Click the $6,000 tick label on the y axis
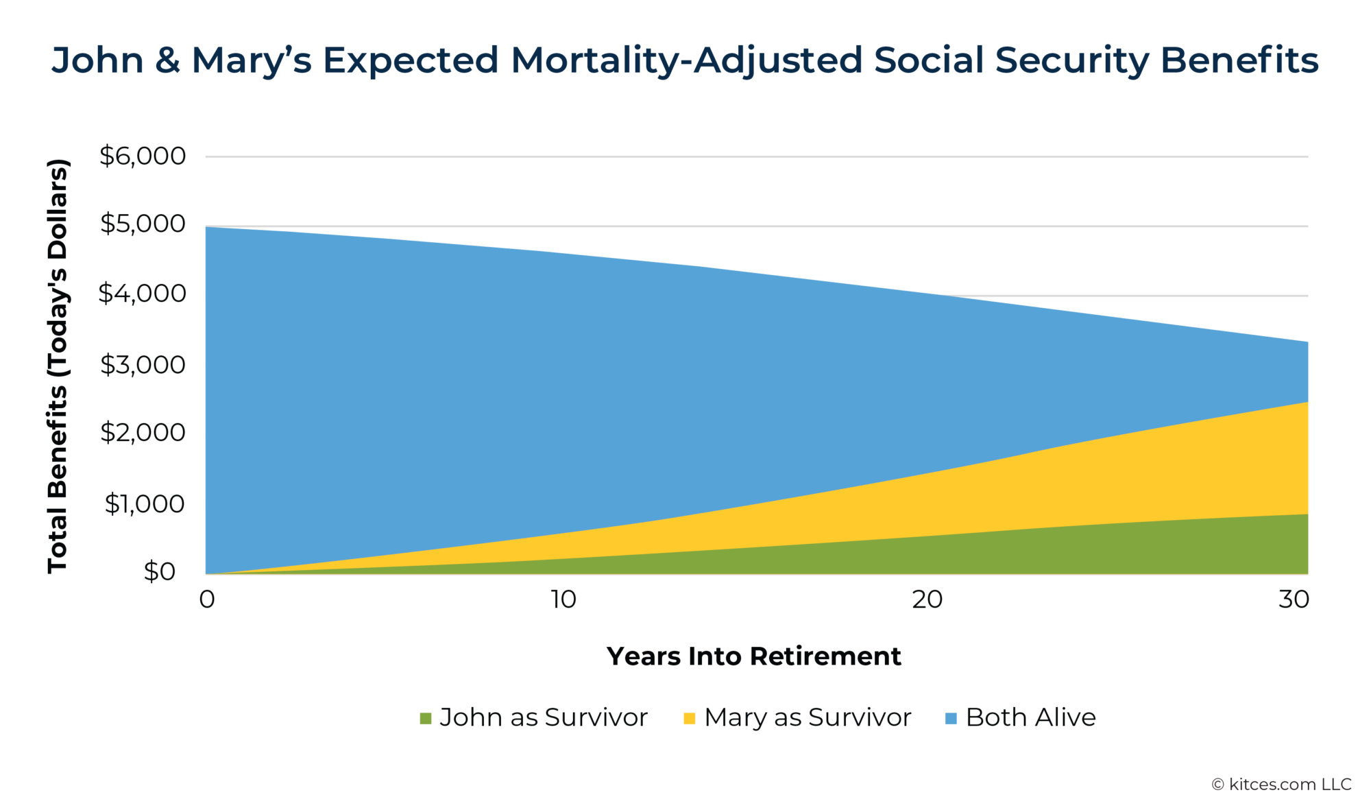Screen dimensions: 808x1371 pyautogui.click(x=143, y=156)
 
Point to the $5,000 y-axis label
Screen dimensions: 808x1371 pyautogui.click(x=143, y=224)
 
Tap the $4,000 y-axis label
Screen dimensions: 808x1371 pyautogui.click(x=143, y=294)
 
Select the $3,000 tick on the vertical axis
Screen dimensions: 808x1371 pyautogui.click(x=143, y=365)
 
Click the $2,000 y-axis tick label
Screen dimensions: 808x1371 pyautogui.click(x=143, y=433)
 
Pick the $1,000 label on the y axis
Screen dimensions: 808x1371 pyautogui.click(x=144, y=504)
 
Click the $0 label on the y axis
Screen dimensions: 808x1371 pyautogui.click(x=159, y=571)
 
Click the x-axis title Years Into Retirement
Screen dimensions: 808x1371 pyautogui.click(x=753, y=656)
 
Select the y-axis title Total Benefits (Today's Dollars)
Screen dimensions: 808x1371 pyautogui.click(x=58, y=366)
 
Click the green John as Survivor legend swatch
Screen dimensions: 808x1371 pyautogui.click(x=426, y=719)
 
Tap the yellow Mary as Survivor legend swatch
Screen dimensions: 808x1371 pyautogui.click(x=690, y=719)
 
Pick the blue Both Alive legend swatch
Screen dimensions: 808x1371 pyautogui.click(x=951, y=719)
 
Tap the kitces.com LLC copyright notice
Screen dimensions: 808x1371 pyautogui.click(x=1281, y=785)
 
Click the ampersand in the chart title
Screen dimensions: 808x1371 pyautogui.click(x=167, y=60)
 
